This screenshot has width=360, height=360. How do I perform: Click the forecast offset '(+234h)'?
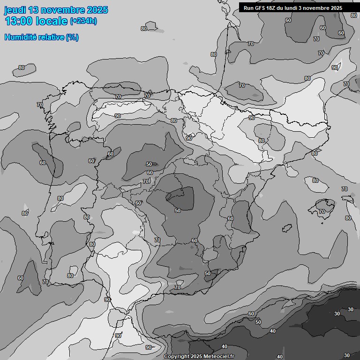[x=83, y=21]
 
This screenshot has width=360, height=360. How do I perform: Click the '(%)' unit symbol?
[x=72, y=37]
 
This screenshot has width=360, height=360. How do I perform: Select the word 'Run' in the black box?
[x=248, y=8]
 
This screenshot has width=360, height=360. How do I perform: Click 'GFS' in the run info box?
[x=260, y=8]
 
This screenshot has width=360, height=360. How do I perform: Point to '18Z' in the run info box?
[x=272, y=8]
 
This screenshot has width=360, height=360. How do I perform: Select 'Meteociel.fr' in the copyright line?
[x=218, y=356]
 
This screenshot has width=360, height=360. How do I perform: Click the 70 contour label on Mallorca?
[x=322, y=211]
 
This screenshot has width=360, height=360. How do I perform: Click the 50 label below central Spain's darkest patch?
[x=178, y=210]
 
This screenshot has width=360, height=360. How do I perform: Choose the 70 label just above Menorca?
[x=345, y=189]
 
